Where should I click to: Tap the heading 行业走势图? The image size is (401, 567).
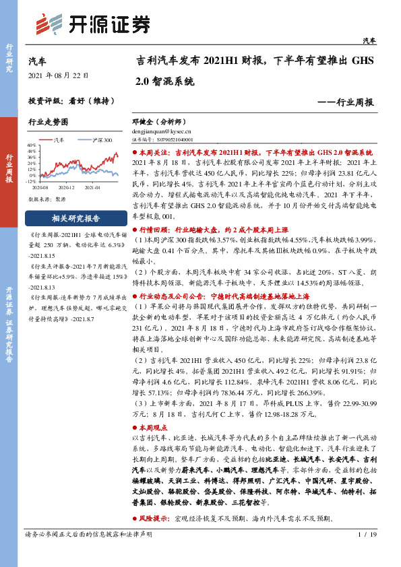point(48,123)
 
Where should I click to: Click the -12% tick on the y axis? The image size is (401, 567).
point(32,181)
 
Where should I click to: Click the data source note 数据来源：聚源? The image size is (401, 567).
point(46,200)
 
